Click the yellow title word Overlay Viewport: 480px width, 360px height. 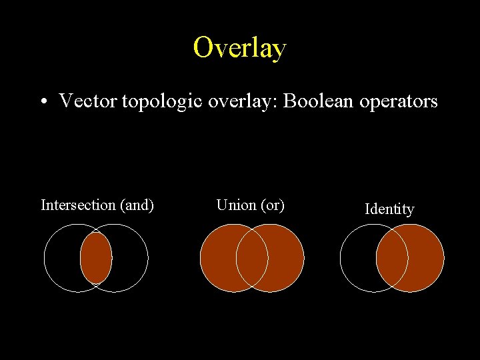click(240, 48)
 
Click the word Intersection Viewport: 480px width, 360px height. click(77, 205)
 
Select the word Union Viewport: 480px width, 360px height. click(236, 205)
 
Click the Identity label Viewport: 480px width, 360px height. click(389, 209)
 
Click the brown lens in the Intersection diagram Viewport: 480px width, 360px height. click(96, 258)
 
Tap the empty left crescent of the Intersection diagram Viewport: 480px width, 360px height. click(61, 258)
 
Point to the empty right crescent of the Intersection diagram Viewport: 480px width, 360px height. click(131, 258)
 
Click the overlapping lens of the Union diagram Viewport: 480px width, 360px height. click(252, 258)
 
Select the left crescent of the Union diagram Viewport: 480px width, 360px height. click(217, 258)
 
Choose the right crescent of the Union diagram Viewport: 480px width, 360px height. click(287, 258)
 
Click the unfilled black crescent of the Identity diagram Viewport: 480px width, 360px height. click(357, 258)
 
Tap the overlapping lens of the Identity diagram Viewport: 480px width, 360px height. click(392, 258)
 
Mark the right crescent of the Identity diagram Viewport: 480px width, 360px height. click(427, 258)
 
